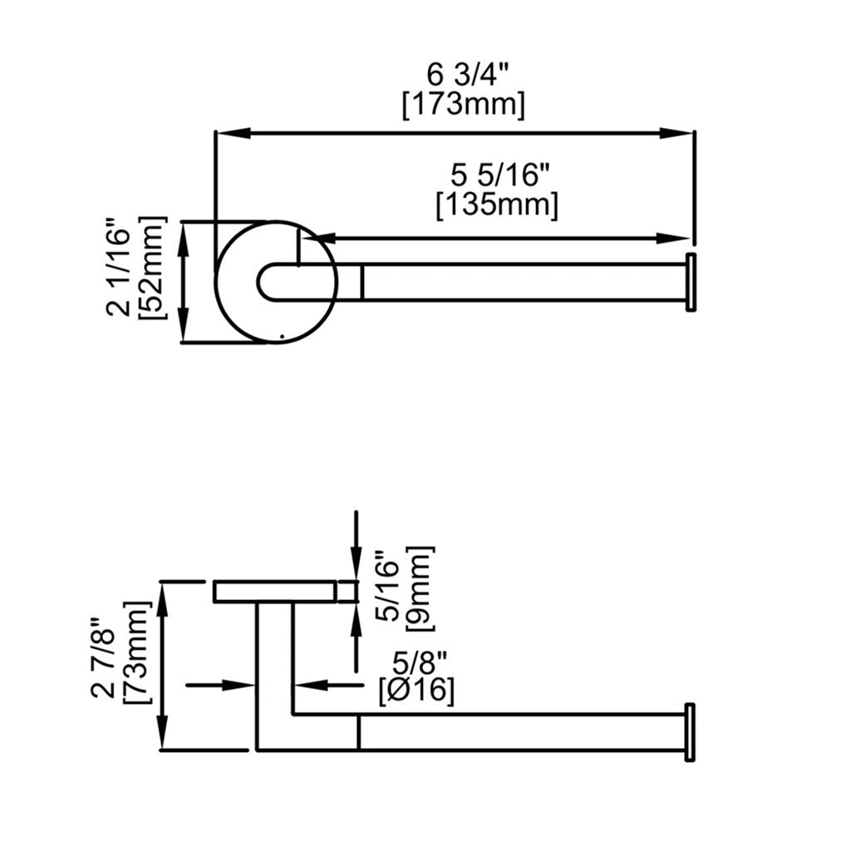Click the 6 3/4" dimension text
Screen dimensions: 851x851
pos(462,75)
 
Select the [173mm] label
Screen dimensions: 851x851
pos(463,106)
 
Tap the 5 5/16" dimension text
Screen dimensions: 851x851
pos(501,175)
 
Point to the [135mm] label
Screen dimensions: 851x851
pos(497,205)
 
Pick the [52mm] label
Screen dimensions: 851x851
pos(155,267)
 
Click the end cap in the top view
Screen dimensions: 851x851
pos(690,283)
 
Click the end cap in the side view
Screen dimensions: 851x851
pos(689,732)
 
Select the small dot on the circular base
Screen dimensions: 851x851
pos(283,337)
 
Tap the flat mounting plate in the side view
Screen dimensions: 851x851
pos(274,591)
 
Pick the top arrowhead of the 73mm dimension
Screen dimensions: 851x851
pos(165,594)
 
